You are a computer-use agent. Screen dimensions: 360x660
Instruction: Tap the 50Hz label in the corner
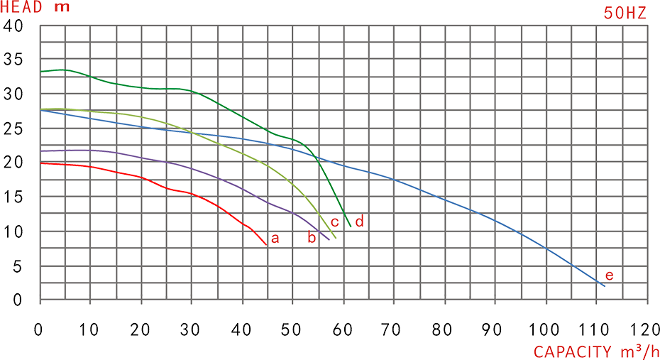coord(625,13)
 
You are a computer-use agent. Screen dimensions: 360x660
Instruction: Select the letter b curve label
coord(311,239)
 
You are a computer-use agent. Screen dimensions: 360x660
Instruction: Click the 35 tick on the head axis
coord(13,59)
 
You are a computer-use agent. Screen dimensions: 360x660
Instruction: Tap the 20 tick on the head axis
coord(13,162)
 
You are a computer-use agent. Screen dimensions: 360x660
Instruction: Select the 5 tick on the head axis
coord(18,266)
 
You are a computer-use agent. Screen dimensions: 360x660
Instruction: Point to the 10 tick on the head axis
coord(13,231)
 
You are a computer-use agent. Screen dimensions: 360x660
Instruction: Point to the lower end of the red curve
coord(266,244)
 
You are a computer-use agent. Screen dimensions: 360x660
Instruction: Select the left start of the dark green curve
coord(41,72)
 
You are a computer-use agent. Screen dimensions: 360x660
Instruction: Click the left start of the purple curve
coord(41,151)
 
